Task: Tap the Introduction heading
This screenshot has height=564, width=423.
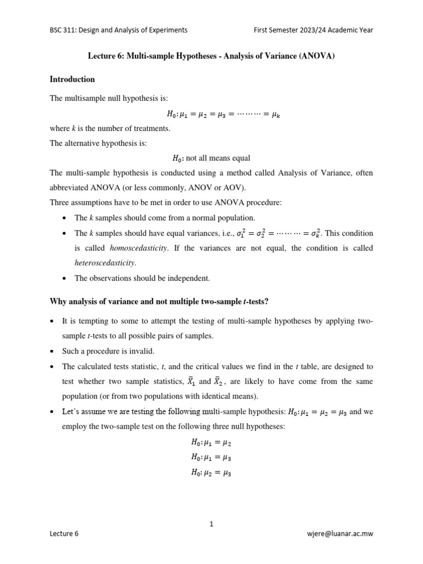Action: coord(72,79)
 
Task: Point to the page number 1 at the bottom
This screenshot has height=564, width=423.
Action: coord(211,524)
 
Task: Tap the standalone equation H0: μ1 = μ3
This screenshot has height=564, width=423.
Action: coord(211,457)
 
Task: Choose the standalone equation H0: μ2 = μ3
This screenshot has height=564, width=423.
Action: coord(211,471)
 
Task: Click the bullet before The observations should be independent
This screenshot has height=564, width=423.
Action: coord(64,278)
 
